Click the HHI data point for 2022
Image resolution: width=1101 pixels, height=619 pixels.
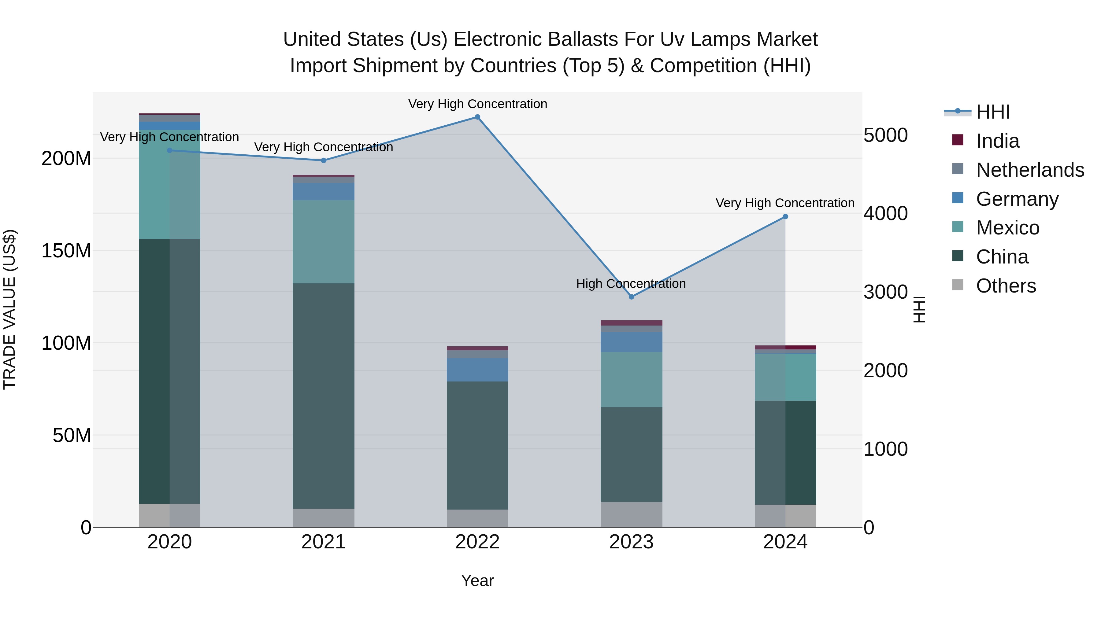pos(477,117)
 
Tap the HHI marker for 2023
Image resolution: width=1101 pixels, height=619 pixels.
pos(631,297)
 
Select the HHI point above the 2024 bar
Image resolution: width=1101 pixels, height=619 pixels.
pos(785,217)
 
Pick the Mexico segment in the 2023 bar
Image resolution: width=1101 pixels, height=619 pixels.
pos(631,379)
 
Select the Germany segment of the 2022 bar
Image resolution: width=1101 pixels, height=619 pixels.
pos(477,370)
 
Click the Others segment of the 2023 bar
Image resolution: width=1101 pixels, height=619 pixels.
pos(631,514)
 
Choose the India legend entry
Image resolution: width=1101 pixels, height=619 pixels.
pos(998,141)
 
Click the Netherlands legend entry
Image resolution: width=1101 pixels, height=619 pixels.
pos(1030,170)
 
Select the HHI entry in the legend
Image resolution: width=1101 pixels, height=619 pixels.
pos(993,112)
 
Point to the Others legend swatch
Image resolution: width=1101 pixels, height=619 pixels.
pos(958,285)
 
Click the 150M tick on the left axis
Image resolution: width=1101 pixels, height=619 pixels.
pos(66,251)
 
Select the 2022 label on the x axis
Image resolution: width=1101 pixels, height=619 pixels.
pos(477,542)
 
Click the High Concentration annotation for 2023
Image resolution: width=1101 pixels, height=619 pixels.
pos(631,284)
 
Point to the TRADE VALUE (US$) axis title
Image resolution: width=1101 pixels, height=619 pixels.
pos(9,310)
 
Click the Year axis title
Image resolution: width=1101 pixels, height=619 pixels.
pos(477,580)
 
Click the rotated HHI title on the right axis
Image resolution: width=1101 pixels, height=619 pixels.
pos(919,310)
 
